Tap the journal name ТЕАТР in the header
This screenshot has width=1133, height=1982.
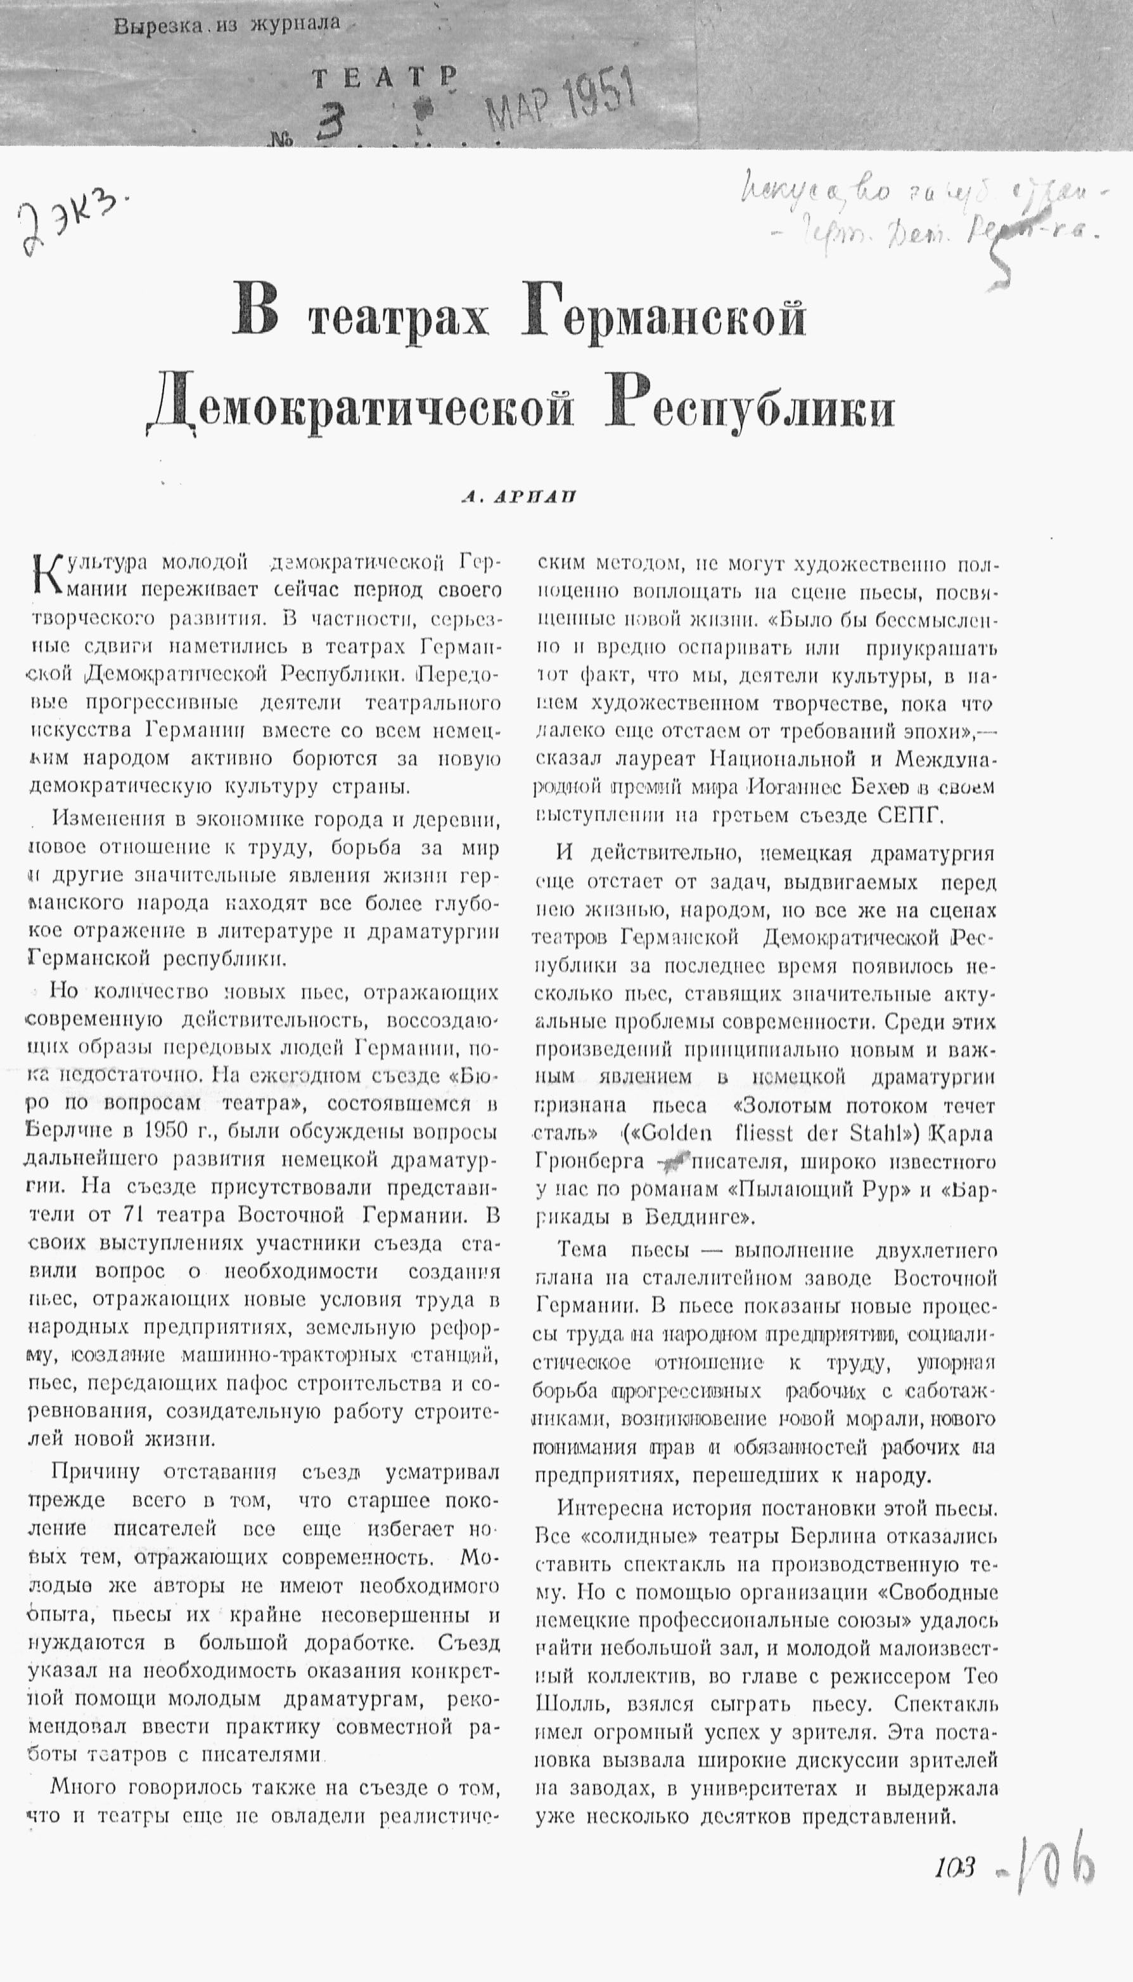pos(383,77)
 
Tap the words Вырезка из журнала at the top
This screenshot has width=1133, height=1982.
pos(226,25)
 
